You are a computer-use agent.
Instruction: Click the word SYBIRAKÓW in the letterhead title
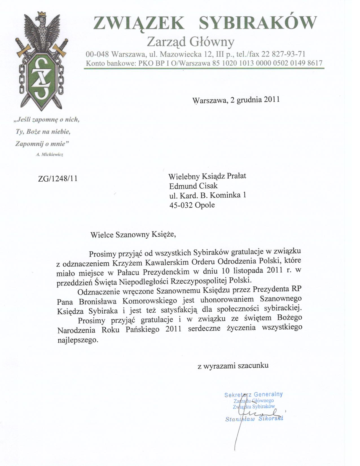[258, 23]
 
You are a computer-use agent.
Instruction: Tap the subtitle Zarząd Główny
[191, 42]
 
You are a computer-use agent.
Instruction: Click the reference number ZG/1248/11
[58, 178]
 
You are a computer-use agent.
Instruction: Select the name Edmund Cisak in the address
[193, 186]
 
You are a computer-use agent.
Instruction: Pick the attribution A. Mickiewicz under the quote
[49, 154]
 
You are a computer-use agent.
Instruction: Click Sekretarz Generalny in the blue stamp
[253, 395]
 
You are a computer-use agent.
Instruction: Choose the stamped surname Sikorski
[271, 419]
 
